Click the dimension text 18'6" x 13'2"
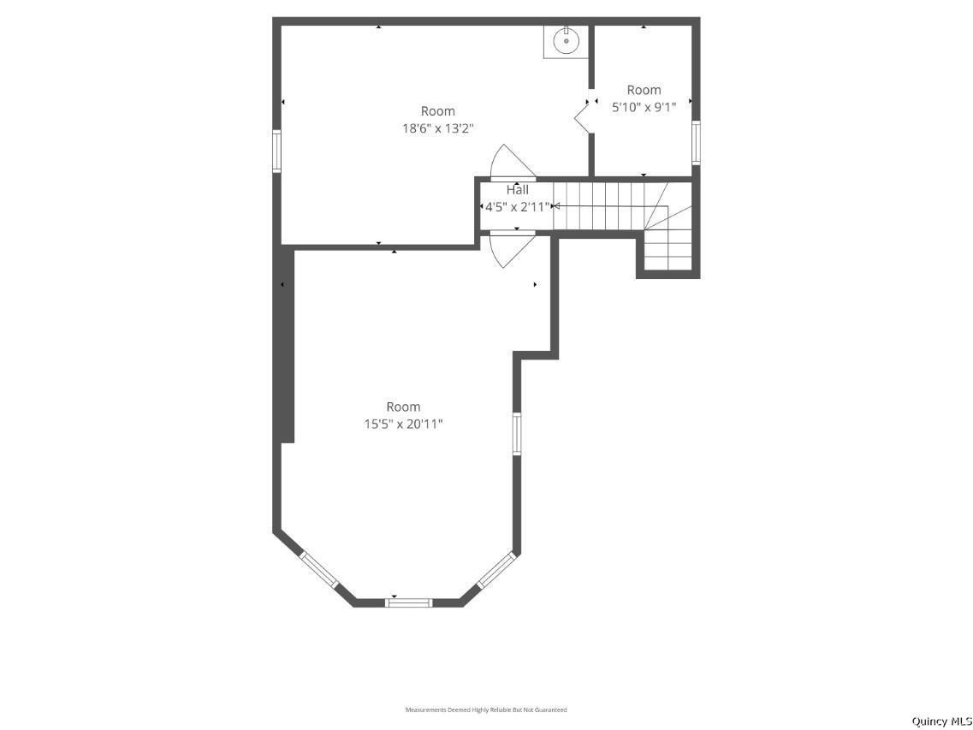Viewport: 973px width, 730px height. tap(438, 128)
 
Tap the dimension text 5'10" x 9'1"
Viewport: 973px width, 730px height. tap(644, 107)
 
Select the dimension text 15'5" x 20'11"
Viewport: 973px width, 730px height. tap(403, 424)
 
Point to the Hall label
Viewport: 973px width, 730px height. tap(518, 190)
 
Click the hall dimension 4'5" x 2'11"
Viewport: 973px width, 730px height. tap(517, 207)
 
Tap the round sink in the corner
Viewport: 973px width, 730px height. tap(566, 41)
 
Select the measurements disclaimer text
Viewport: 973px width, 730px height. tap(486, 709)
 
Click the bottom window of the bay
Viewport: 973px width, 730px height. tap(408, 602)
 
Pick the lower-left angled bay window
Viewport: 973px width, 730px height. tap(319, 569)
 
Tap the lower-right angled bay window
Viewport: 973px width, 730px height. tap(497, 569)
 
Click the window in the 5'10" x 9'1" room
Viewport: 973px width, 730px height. tap(697, 142)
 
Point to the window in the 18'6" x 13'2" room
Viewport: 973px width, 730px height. tap(276, 151)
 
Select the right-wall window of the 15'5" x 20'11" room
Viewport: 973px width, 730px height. tap(516, 434)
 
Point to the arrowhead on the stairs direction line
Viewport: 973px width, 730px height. tap(555, 205)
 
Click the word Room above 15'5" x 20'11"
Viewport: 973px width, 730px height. tap(403, 407)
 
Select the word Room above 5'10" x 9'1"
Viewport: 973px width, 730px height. tap(644, 90)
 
